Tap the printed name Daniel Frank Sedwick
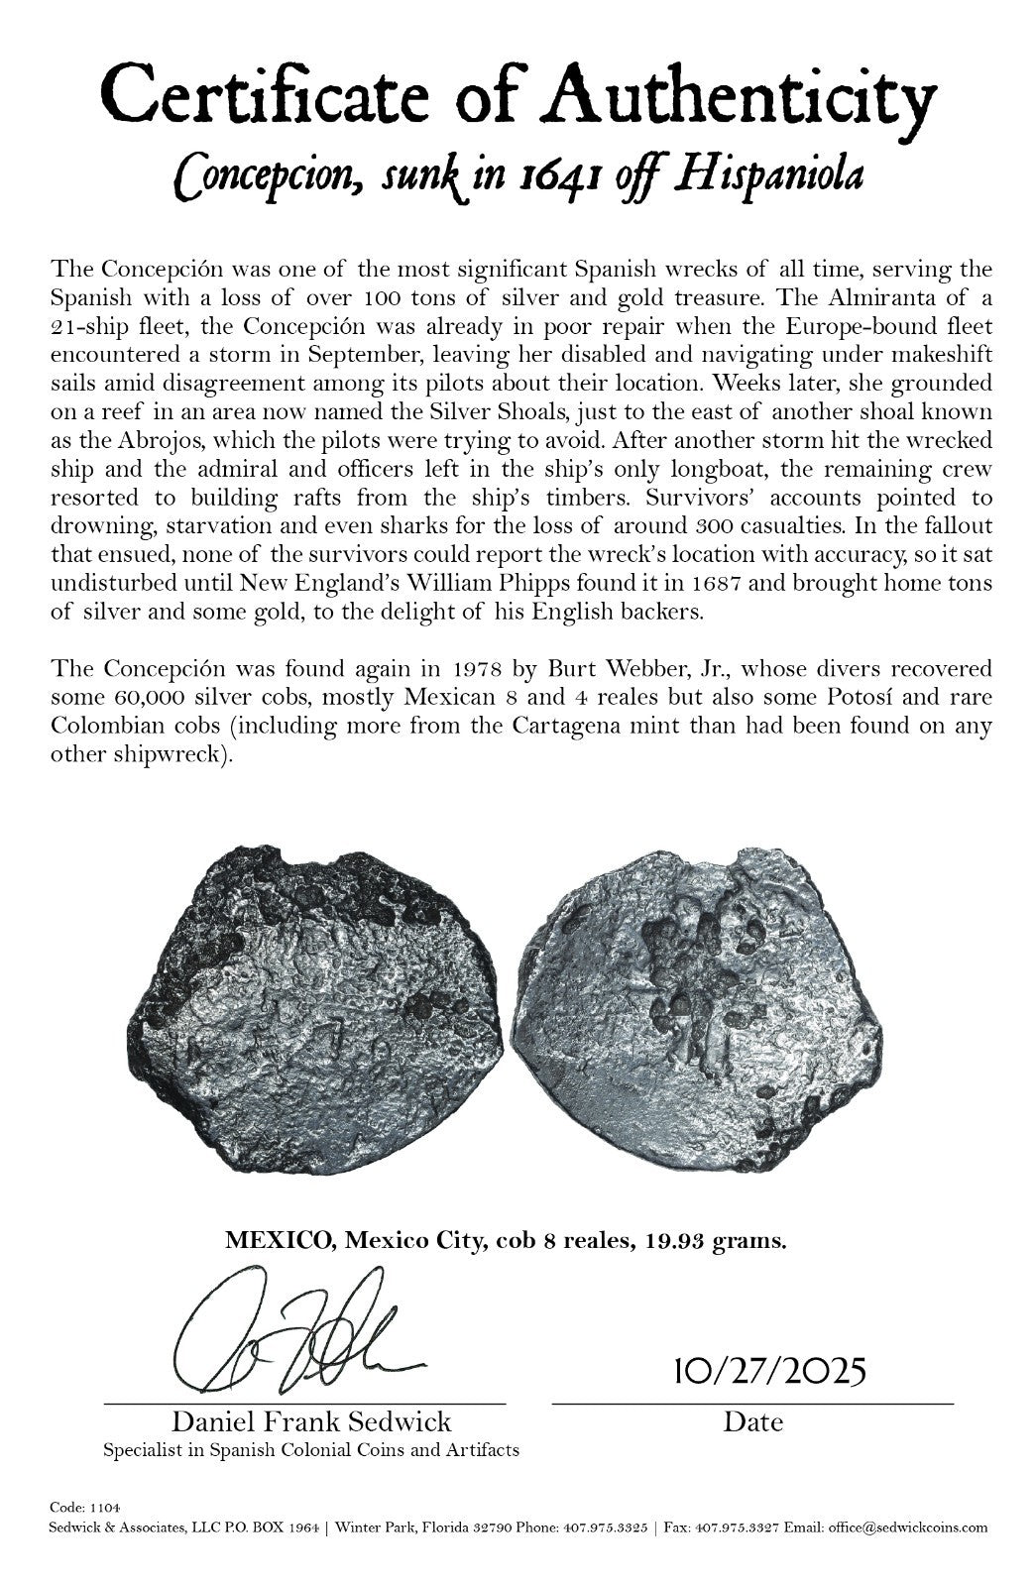[x=312, y=1422]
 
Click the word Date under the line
[x=752, y=1422]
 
